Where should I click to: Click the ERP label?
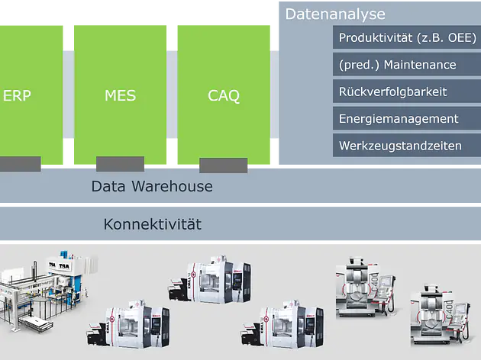coord(17,96)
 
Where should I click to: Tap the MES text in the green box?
coord(120,96)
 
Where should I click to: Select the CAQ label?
coord(224,96)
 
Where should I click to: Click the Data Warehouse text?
coord(152,186)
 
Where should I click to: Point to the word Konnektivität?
coord(152,224)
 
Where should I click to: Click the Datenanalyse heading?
coord(335,14)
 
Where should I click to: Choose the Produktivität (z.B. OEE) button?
coord(407,38)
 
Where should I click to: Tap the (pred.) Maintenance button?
coord(407,65)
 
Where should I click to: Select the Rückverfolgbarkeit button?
coord(407,92)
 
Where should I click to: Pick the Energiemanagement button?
coord(407,118)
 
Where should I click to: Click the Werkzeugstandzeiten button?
coord(407,145)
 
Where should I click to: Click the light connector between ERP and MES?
coord(69,95)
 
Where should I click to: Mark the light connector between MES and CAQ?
coord(173,95)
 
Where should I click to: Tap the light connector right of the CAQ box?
coord(275,95)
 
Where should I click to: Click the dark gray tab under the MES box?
coord(120,164)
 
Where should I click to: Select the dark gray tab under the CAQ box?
coord(223,166)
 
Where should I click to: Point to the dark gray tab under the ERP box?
coord(20,164)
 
